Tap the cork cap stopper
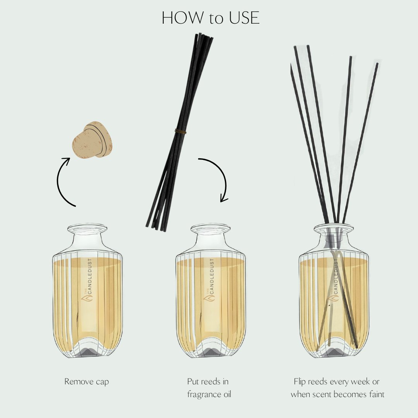click(91, 140)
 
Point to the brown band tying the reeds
click(180, 132)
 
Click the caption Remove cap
click(87, 382)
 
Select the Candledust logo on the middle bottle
click(211, 281)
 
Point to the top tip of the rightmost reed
click(377, 65)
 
